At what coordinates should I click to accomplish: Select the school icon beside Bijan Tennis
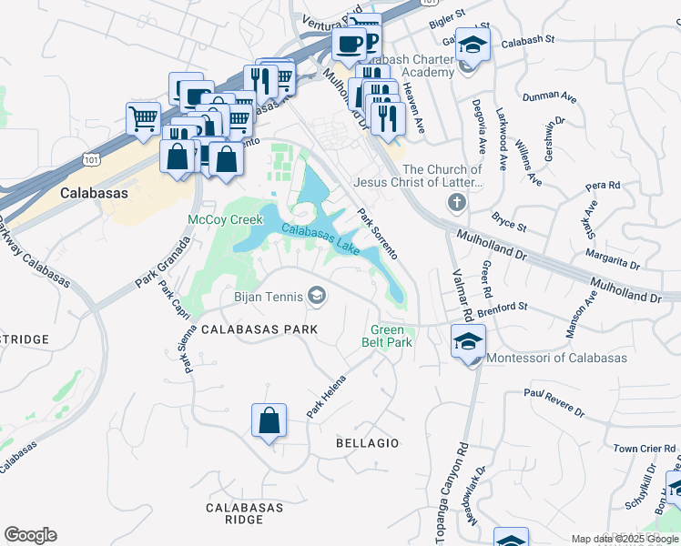point(317,295)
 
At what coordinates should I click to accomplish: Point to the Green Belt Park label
point(391,336)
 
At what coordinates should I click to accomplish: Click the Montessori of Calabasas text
point(558,358)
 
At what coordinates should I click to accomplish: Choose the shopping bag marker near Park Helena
point(269,421)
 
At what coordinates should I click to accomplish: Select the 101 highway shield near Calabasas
point(92,160)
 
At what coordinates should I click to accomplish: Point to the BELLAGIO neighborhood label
point(367,443)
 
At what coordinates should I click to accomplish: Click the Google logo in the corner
point(30,534)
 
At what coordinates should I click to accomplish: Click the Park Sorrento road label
point(378,231)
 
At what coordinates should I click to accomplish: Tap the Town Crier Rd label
point(643,449)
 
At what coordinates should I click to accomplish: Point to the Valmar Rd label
point(461,296)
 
